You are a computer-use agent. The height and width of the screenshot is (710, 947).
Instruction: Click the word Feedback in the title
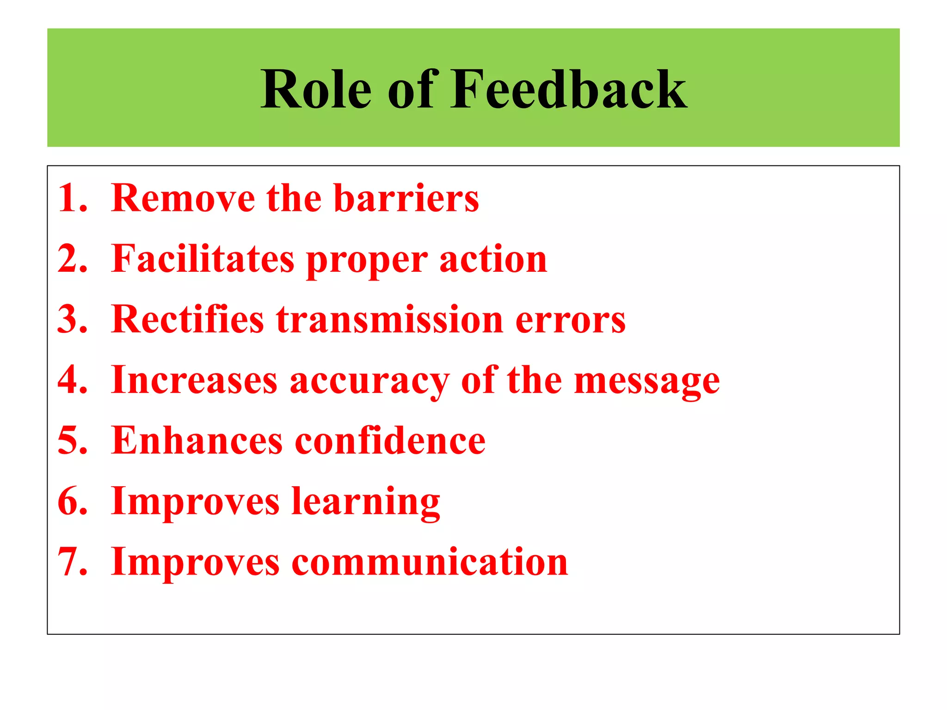(x=569, y=89)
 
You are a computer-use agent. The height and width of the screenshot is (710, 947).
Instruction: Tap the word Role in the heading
(x=316, y=89)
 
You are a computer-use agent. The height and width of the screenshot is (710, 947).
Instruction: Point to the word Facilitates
(x=203, y=259)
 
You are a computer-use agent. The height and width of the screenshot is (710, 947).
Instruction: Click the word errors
(x=570, y=320)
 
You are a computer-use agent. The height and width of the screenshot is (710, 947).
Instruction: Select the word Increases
(x=194, y=380)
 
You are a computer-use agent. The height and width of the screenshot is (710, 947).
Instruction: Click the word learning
(x=366, y=502)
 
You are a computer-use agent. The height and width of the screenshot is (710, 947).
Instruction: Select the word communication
(x=430, y=562)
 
